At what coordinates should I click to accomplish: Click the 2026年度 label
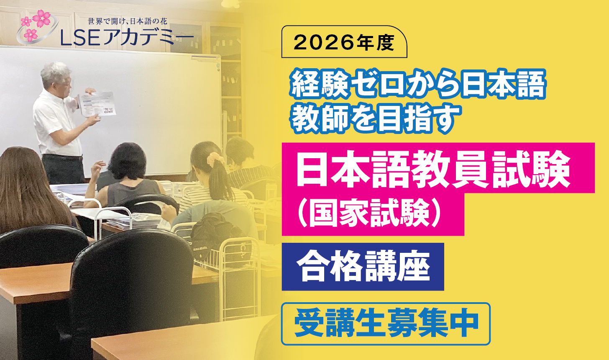pos(344,42)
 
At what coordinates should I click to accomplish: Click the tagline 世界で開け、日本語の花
pos(128,21)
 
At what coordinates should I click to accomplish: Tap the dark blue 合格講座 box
pos(363,267)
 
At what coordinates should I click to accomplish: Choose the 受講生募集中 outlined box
pos(386,324)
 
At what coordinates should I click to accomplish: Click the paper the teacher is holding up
pos(97,104)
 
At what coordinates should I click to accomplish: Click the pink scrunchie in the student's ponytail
pos(215,159)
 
